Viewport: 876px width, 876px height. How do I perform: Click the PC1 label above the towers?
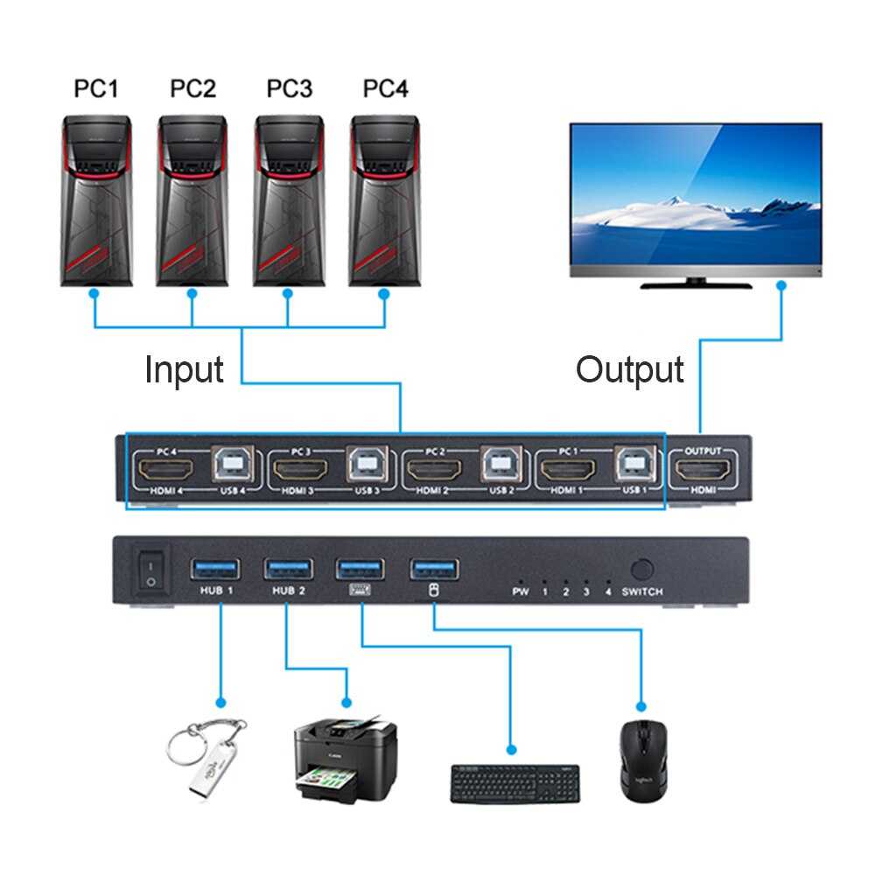(96, 89)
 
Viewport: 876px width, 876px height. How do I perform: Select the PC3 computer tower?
(289, 201)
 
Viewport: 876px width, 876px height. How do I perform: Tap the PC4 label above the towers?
(385, 89)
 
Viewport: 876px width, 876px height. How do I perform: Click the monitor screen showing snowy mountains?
(696, 194)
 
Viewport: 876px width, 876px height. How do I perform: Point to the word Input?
(185, 370)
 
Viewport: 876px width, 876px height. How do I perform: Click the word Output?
(629, 370)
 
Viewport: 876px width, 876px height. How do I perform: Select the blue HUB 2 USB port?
(288, 569)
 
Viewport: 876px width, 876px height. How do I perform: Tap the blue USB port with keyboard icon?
(361, 569)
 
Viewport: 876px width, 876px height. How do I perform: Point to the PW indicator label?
(521, 592)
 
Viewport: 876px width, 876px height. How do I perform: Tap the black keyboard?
(515, 782)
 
